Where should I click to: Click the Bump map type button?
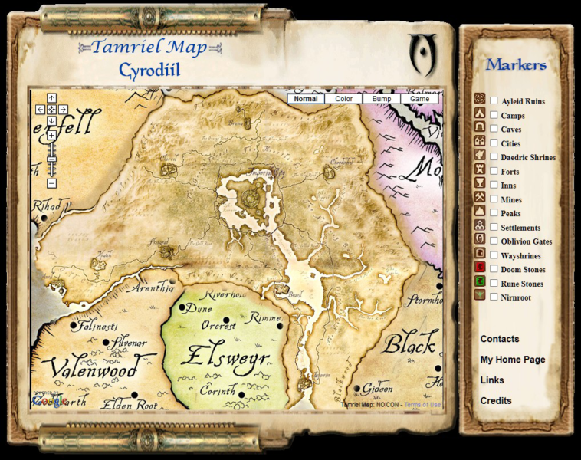tap(382, 98)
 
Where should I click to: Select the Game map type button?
tap(419, 98)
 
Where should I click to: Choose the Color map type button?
tap(344, 98)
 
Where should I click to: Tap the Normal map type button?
tap(306, 98)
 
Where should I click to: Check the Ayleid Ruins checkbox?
tap(494, 100)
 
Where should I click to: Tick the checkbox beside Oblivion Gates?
tap(494, 241)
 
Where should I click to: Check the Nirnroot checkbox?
tap(494, 297)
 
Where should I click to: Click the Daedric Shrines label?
tap(528, 157)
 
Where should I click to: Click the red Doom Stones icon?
tap(480, 268)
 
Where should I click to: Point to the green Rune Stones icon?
tap(480, 282)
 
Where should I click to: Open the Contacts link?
tap(500, 339)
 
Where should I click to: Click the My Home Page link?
tap(513, 360)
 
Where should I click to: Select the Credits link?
tap(496, 401)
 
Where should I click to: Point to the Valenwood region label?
tap(90, 370)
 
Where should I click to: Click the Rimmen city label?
tap(265, 317)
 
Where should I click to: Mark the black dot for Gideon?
tap(357, 389)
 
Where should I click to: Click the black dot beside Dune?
tap(182, 307)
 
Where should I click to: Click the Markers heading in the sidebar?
tap(516, 64)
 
